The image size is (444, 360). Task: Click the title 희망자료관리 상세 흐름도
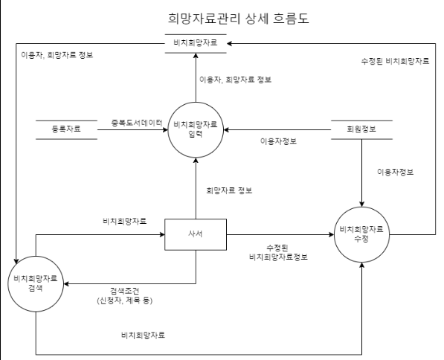click(234, 17)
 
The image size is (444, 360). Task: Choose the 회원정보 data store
click(360, 129)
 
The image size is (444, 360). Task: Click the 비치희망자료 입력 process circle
click(196, 129)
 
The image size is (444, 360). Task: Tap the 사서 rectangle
click(196, 234)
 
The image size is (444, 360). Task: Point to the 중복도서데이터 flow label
click(135, 123)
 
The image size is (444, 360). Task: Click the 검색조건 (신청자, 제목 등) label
click(123, 296)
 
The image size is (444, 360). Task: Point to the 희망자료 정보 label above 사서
click(229, 190)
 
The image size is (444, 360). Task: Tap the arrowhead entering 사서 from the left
click(161, 234)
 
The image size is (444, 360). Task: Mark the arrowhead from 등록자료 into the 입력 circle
click(165, 129)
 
